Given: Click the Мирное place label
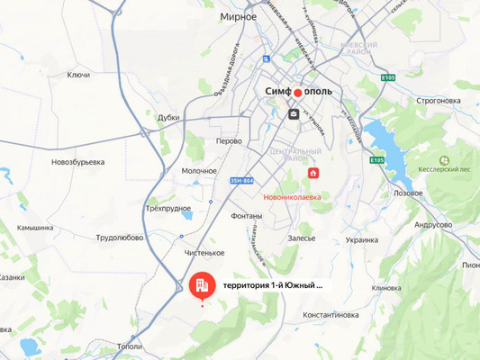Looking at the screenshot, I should (238, 16).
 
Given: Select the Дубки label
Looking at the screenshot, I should (168, 117).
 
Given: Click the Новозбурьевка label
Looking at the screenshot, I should (77, 162).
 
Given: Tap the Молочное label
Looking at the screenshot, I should (199, 170).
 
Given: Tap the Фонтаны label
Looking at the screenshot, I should (246, 216).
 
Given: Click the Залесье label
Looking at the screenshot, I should (302, 238).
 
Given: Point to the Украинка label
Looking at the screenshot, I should (361, 240).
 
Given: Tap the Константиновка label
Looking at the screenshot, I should (331, 315).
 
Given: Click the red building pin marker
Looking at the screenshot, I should (202, 285).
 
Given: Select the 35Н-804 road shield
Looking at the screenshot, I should (241, 182).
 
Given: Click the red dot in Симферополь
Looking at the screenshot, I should (297, 92).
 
